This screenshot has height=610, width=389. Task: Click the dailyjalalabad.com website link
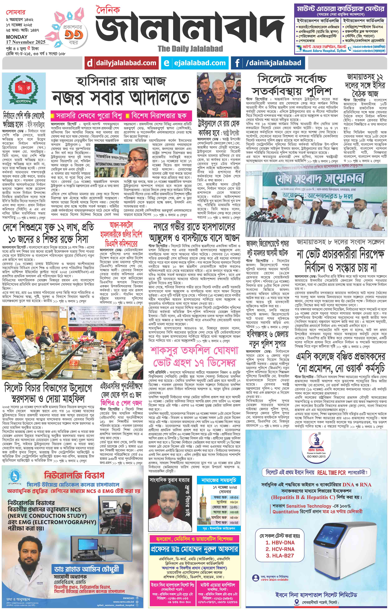tap(126, 63)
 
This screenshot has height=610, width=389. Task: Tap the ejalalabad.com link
tap(199, 63)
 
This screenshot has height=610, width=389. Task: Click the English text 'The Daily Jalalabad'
tap(190, 49)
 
